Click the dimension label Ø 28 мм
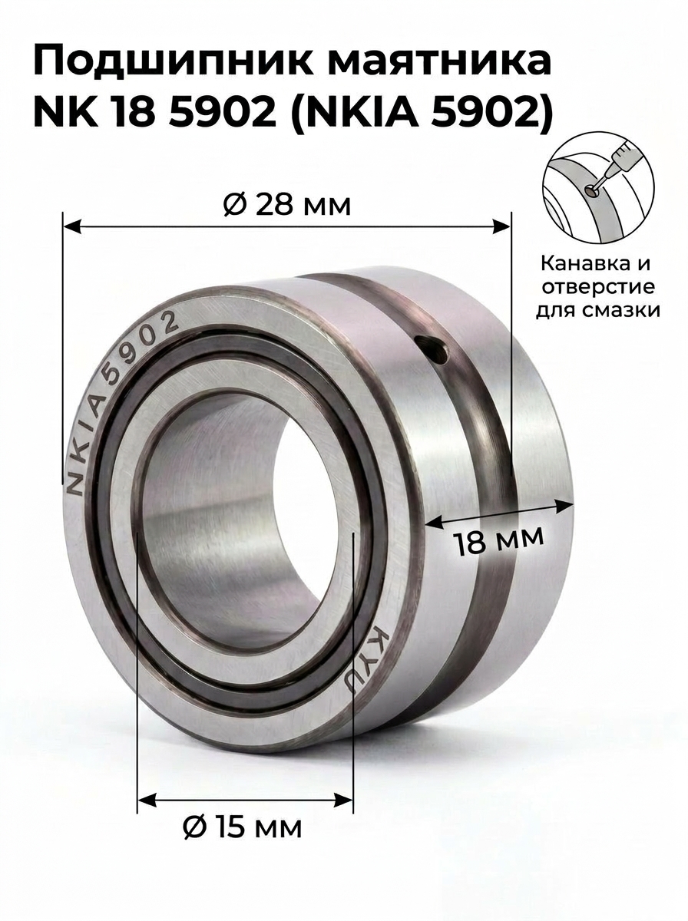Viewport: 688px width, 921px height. point(286,206)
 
